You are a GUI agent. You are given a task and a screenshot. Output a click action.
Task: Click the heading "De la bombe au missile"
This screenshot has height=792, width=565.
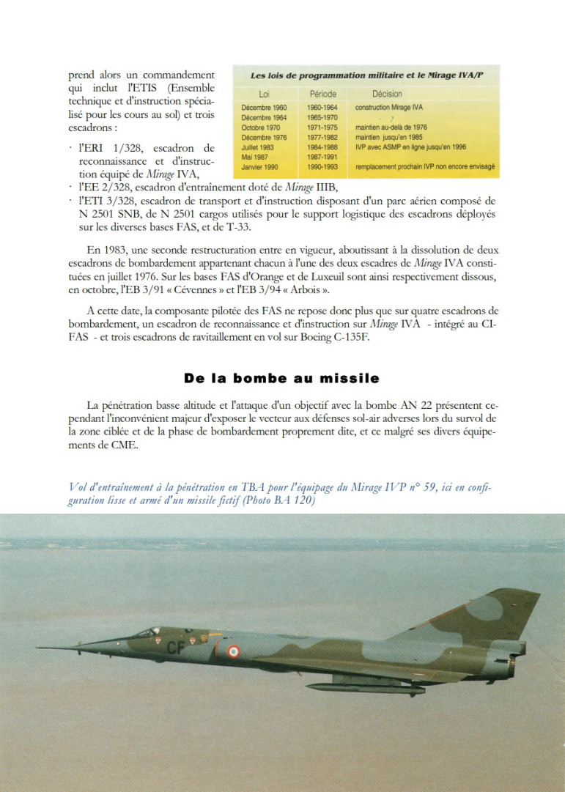point(281,378)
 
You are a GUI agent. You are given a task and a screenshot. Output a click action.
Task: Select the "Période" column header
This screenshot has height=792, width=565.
point(322,94)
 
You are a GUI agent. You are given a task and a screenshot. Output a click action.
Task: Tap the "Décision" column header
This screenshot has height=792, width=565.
point(387,94)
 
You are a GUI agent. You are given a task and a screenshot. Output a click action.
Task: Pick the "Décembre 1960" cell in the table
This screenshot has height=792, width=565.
point(264,107)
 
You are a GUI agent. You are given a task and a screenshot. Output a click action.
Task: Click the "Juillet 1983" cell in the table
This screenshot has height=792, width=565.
point(258,146)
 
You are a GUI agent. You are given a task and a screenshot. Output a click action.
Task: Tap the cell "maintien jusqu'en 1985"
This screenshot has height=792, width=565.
point(389,136)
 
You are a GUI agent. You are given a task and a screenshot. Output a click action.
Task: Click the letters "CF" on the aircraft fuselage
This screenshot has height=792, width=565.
point(176,647)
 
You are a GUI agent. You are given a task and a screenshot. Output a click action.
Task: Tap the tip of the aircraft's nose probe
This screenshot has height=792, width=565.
point(38,648)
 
